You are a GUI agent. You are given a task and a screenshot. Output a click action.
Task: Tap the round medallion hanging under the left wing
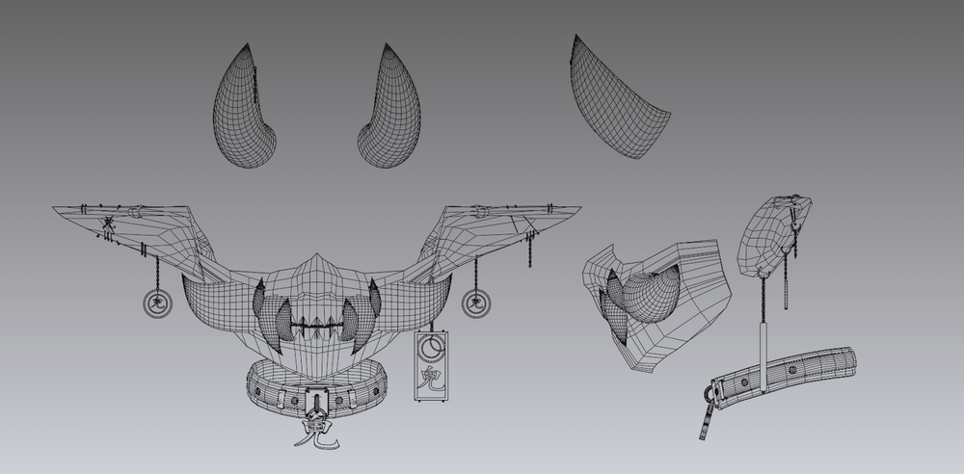[x=154, y=304]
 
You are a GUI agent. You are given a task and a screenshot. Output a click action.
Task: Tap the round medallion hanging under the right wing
[x=474, y=304]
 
